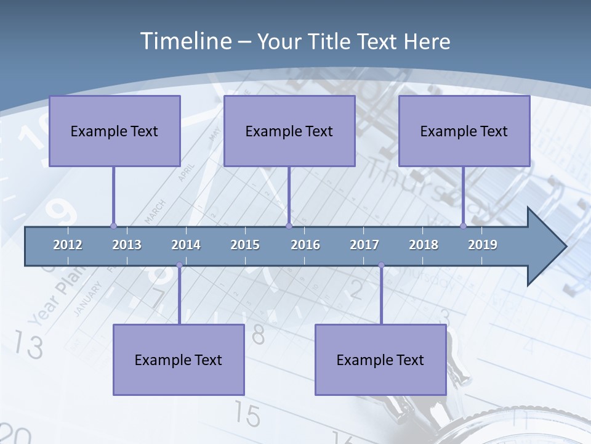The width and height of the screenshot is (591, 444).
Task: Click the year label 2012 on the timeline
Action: tap(68, 245)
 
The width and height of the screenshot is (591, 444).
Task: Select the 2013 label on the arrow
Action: tap(127, 245)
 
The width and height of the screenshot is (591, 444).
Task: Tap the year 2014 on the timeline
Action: tap(186, 245)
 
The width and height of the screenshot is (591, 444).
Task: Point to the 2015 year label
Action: tap(245, 245)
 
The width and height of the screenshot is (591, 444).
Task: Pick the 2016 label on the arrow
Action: tap(305, 245)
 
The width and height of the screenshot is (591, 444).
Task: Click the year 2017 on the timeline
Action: tap(364, 245)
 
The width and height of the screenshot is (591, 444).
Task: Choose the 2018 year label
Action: tap(424, 245)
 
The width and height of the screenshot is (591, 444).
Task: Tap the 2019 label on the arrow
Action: tap(483, 245)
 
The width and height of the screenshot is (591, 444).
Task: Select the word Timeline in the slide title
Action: tap(184, 41)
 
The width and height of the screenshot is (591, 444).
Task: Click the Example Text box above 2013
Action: tap(115, 131)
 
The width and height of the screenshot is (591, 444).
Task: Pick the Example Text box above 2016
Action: tap(289, 131)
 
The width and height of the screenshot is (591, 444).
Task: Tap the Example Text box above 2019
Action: tap(464, 131)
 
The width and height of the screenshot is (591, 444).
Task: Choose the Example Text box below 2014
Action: tap(179, 360)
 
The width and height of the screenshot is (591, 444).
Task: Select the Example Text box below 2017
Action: tap(380, 360)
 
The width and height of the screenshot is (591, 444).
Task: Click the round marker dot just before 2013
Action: tap(113, 226)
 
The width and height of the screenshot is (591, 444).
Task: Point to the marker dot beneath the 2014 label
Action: tap(179, 265)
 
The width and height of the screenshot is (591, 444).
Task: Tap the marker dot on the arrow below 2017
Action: tap(381, 265)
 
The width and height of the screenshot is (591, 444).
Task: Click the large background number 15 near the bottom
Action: tap(247, 415)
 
